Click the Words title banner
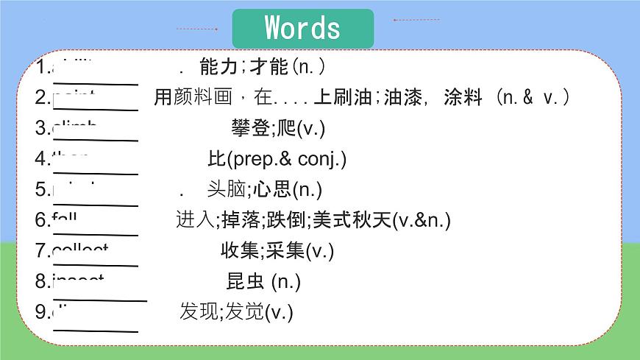click(x=302, y=28)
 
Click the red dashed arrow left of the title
click(x=197, y=29)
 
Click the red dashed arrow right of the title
click(x=416, y=20)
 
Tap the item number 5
click(x=40, y=189)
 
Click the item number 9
click(x=40, y=311)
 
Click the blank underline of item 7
click(x=96, y=264)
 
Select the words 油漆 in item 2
click(x=402, y=97)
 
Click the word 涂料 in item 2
click(x=463, y=97)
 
